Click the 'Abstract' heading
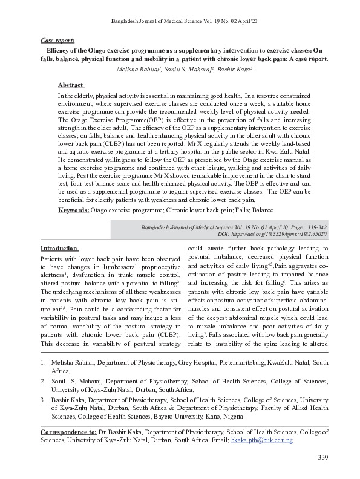pyautogui.click(x=71, y=85)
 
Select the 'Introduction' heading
pyautogui.click(x=59, y=248)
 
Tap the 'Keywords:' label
pyautogui.click(x=73, y=210)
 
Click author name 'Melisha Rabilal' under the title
pyautogui.click(x=139, y=70)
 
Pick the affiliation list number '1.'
pyautogui.click(x=43, y=362)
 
